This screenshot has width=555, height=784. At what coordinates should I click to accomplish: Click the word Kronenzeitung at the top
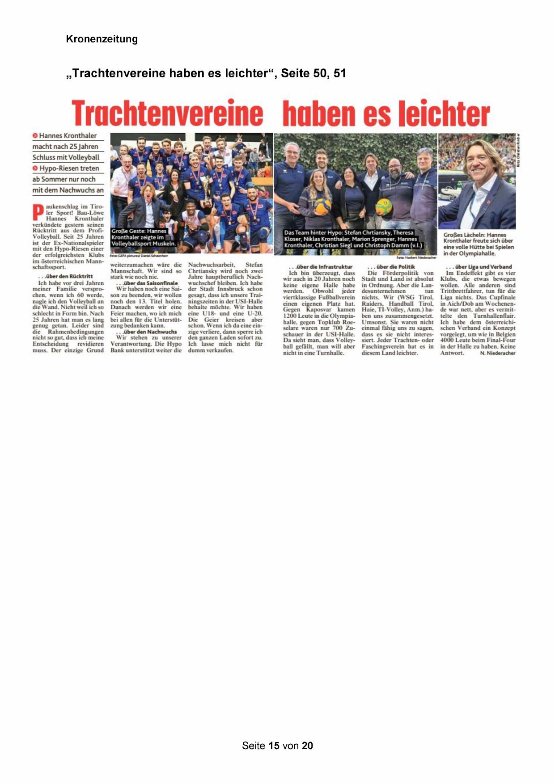tap(102, 39)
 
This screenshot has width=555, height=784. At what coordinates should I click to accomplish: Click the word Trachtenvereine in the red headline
tap(167, 113)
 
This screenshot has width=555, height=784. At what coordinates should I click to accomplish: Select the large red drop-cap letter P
tap(38, 212)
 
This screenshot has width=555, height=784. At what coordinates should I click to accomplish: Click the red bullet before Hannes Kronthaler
tap(35, 135)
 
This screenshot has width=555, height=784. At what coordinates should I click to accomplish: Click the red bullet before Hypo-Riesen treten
tap(35, 169)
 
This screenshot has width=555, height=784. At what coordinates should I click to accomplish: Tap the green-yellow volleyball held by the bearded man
tap(383, 207)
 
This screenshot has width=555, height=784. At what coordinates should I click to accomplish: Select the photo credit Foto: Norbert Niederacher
tap(416, 258)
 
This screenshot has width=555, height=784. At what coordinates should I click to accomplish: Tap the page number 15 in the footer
tap(274, 746)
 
